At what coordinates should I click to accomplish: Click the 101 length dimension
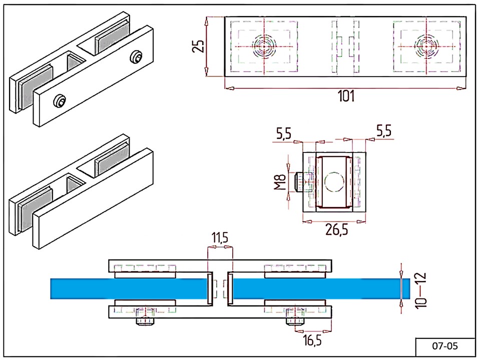346,96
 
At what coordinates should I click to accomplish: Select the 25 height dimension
199,47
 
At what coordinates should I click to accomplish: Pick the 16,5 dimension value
313,341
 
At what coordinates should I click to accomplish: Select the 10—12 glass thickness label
419,289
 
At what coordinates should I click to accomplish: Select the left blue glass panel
129,288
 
